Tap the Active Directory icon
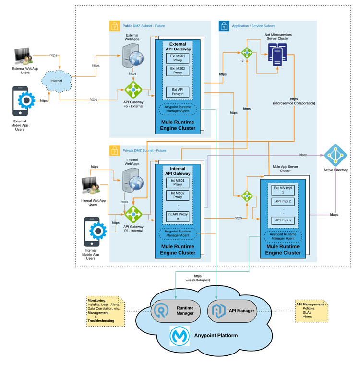[x=335, y=155]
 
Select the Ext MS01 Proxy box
[x=177, y=58]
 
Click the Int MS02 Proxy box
[x=178, y=195]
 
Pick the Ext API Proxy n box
[x=178, y=92]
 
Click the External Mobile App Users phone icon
[x=22, y=100]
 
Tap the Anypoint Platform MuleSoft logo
[x=179, y=335]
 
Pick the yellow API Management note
[x=312, y=310]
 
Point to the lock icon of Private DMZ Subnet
[x=115, y=150]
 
